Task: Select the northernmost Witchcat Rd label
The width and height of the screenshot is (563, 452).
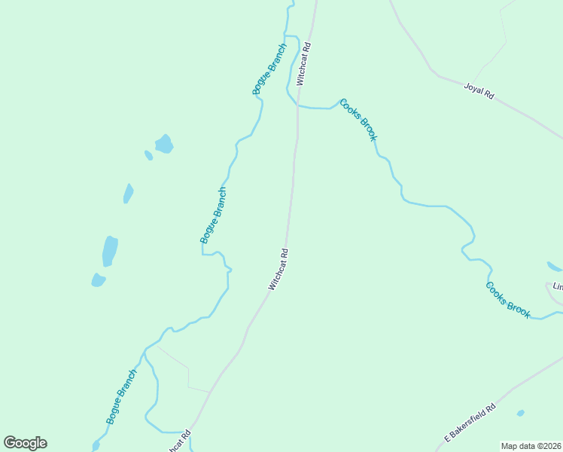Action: (303, 63)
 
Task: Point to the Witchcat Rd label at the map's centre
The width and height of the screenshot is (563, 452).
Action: (278, 270)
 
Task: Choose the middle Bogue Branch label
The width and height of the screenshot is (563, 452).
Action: (213, 215)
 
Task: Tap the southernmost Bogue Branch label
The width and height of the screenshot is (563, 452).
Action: (122, 396)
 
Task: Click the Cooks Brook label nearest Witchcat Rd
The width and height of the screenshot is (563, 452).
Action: (358, 119)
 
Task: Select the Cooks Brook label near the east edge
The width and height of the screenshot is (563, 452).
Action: (508, 300)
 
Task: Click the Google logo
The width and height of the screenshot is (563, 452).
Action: (25, 443)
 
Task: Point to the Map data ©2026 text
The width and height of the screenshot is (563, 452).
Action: (531, 445)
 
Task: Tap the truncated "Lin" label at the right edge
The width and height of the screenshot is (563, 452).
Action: (558, 287)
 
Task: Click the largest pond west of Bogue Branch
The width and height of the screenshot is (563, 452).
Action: (110, 251)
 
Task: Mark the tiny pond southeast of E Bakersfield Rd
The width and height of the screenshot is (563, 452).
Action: (520, 413)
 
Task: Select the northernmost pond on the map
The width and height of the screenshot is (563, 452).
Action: (163, 143)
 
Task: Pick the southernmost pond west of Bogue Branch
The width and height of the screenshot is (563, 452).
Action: (98, 280)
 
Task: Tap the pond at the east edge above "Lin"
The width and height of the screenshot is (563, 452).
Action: (555, 266)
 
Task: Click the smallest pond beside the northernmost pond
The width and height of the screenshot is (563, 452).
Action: (148, 155)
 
